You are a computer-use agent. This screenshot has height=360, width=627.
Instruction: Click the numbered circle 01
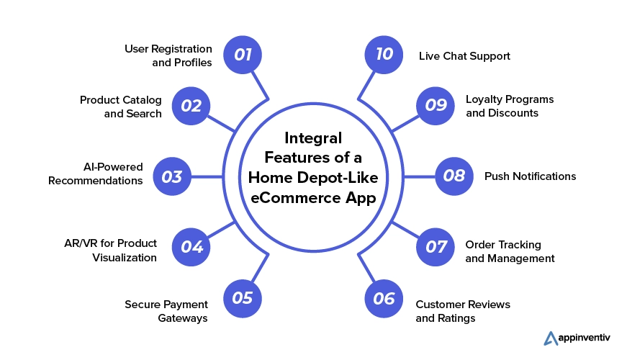(x=243, y=55)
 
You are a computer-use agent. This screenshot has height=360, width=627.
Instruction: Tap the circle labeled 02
(x=191, y=106)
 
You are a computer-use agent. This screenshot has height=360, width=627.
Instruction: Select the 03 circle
(x=172, y=176)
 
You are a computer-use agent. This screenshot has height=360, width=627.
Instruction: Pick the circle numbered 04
(x=191, y=247)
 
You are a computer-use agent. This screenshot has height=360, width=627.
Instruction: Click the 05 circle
(x=243, y=298)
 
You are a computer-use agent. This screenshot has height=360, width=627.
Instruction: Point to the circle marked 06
(x=384, y=298)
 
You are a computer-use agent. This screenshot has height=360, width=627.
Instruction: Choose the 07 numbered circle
(x=435, y=247)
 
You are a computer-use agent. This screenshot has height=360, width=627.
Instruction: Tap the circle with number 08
(x=454, y=176)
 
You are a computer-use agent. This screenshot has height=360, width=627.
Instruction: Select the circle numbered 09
(x=435, y=106)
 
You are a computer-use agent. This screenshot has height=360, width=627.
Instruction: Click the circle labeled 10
(x=384, y=55)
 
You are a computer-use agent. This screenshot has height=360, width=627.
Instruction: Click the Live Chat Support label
(x=464, y=56)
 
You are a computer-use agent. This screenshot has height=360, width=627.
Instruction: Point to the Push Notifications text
(x=531, y=176)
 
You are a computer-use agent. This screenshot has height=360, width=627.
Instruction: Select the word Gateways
(x=183, y=318)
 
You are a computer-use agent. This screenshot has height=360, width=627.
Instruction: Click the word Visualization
(x=125, y=258)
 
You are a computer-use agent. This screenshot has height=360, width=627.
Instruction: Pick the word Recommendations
(x=95, y=181)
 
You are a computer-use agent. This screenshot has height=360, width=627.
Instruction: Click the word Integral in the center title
(x=313, y=138)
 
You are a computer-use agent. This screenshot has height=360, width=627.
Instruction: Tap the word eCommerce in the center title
(x=290, y=197)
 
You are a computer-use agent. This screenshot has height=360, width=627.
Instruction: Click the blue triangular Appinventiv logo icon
(x=551, y=338)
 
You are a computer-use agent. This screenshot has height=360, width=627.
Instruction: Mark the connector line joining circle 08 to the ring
(x=420, y=176)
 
